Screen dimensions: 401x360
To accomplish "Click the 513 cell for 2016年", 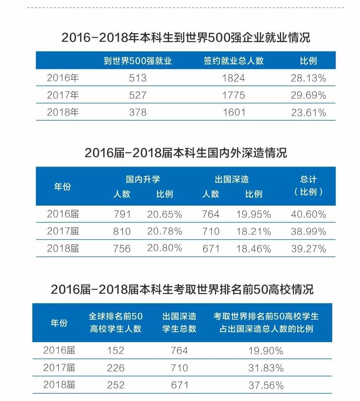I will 137,78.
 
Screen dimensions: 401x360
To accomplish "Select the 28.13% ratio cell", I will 308,78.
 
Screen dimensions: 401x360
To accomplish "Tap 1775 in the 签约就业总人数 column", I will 234,95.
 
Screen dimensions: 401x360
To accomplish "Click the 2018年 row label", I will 63,112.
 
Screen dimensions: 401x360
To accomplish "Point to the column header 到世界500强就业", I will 137,61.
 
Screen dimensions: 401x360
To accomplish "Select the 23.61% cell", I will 308,112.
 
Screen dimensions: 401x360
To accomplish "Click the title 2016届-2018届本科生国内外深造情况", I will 186,153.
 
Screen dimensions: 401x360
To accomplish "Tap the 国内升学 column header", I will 143,179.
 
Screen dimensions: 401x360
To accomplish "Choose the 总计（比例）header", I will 308,186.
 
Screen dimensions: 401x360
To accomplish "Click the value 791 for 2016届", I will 122,214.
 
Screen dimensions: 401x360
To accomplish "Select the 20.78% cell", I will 164,231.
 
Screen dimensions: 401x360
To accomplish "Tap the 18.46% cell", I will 253,248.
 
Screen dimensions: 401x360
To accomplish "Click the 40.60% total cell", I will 308,214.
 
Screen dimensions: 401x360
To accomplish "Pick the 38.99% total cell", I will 308,231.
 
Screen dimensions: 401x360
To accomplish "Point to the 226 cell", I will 115,368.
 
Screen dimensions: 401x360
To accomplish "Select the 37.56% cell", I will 266,385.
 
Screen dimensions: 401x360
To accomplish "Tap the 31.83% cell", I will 266,368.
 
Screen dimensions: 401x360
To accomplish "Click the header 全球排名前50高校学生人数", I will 115,322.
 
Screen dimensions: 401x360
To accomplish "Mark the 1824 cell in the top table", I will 234,78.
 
